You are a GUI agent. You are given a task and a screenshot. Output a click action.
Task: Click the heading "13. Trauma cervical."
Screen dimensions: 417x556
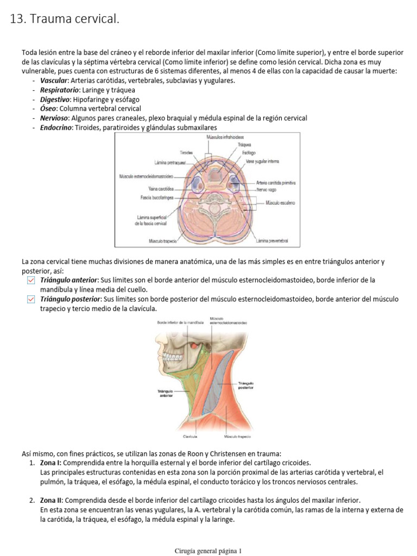tap(65, 20)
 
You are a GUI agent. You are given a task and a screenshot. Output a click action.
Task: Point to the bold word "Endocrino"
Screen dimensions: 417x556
tap(55, 127)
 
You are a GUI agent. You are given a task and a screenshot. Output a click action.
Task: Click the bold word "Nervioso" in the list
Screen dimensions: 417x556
tap(54, 118)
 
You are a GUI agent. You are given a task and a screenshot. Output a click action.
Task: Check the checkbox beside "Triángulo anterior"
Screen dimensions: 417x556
tap(31, 280)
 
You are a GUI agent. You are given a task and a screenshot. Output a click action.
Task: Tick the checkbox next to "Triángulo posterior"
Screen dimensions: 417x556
tap(31, 299)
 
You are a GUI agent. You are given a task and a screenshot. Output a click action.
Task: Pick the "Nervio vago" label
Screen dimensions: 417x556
tap(267, 189)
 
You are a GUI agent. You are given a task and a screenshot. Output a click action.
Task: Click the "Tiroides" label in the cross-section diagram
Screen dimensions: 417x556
tap(186, 153)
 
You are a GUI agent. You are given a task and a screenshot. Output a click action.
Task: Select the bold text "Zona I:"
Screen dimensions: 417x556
tap(52, 463)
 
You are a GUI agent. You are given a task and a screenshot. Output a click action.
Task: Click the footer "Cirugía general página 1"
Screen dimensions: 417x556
tap(208, 551)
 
